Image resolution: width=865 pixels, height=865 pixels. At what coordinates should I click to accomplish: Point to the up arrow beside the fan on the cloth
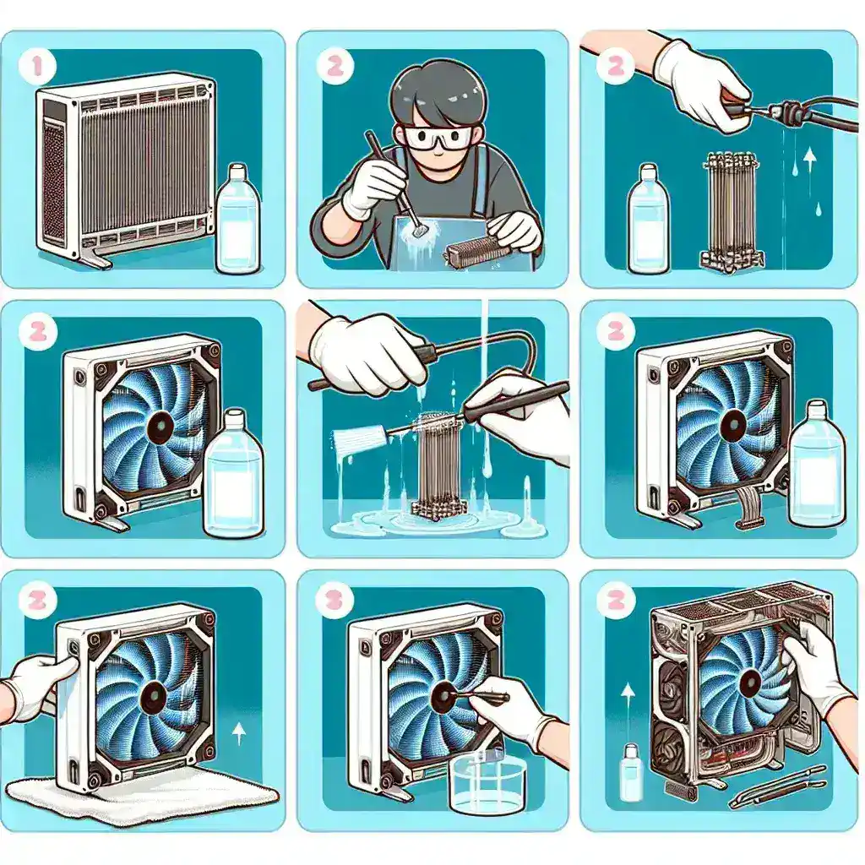click(239, 733)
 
